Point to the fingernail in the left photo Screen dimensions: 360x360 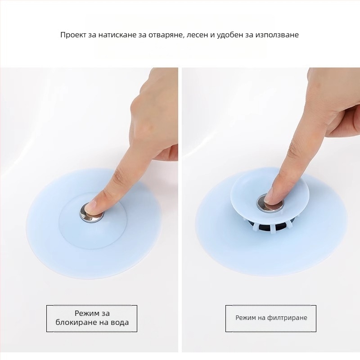pyautogui.click(x=89, y=206)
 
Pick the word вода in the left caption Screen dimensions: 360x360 pyautogui.click(x=119, y=322)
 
